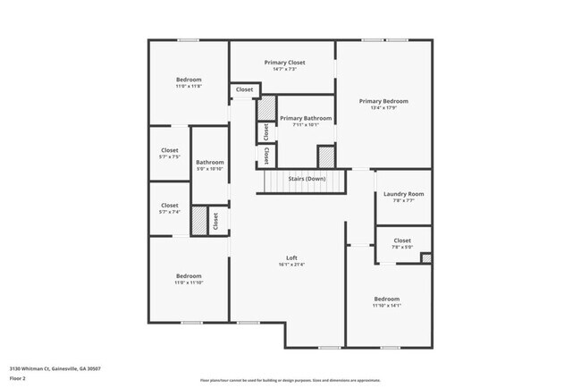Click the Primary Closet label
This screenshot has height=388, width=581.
click(284, 63)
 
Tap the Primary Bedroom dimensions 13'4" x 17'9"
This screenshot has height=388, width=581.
click(383, 109)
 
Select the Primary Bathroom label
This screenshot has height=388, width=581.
click(305, 118)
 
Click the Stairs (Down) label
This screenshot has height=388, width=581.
click(306, 179)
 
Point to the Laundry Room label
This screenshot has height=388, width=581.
click(403, 194)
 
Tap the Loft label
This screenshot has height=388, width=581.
click(291, 257)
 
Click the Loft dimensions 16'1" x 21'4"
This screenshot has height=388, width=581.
click(291, 265)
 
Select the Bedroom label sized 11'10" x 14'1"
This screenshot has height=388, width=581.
click(387, 299)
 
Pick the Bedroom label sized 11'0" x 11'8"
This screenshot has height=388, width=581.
click(189, 80)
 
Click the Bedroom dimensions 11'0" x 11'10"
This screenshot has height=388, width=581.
click(189, 283)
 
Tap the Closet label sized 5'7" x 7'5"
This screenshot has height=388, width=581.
click(170, 150)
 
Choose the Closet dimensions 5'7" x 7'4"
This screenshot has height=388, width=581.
click(170, 212)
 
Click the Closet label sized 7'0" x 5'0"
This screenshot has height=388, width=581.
click(402, 240)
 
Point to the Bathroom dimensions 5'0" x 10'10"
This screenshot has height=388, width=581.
click(209, 169)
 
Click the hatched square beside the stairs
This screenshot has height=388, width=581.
click(327, 156)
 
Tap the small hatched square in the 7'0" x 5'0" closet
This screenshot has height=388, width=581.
click(426, 258)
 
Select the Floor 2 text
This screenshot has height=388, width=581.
click(18, 378)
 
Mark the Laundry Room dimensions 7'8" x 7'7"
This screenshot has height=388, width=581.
click(403, 201)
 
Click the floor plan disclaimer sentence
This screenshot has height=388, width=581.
click(290, 381)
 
